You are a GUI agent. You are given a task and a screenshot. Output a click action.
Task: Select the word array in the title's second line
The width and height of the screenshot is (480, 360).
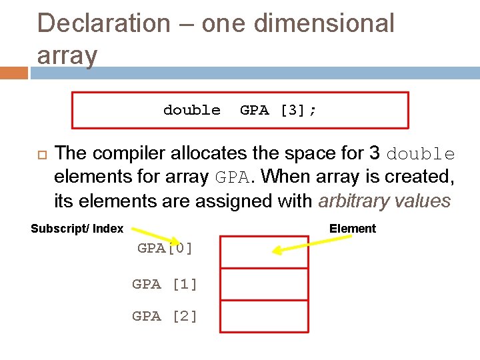click(x=67, y=55)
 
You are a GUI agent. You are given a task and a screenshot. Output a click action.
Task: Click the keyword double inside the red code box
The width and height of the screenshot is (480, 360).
click(x=191, y=110)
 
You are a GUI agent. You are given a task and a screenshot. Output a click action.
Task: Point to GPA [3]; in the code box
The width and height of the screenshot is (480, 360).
click(x=278, y=110)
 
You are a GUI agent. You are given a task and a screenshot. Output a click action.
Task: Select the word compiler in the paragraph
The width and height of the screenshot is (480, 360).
click(x=128, y=153)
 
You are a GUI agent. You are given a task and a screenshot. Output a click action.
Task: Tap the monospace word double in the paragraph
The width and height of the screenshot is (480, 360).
click(x=421, y=154)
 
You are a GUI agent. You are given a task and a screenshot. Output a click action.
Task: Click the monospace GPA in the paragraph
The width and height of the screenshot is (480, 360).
click(x=233, y=177)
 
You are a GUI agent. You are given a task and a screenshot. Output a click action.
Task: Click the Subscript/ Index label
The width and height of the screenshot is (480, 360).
click(x=77, y=229)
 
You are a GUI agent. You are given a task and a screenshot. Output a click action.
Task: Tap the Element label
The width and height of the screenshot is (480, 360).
click(x=352, y=229)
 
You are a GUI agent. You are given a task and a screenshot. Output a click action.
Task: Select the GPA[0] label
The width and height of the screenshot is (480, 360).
click(x=165, y=249)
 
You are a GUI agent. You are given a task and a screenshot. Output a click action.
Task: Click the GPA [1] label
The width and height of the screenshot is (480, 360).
click(x=165, y=284)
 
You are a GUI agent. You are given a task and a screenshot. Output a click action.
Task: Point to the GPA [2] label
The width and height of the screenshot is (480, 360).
click(x=165, y=317)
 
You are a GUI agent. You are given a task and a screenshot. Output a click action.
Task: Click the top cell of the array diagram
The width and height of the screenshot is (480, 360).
click(x=264, y=251)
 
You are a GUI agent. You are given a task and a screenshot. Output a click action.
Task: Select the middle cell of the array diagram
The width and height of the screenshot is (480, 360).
click(x=264, y=284)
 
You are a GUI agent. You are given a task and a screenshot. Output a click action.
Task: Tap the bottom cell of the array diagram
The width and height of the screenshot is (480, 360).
click(x=264, y=316)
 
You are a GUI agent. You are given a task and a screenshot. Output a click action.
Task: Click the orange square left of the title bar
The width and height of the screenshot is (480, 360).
click(x=14, y=72)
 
